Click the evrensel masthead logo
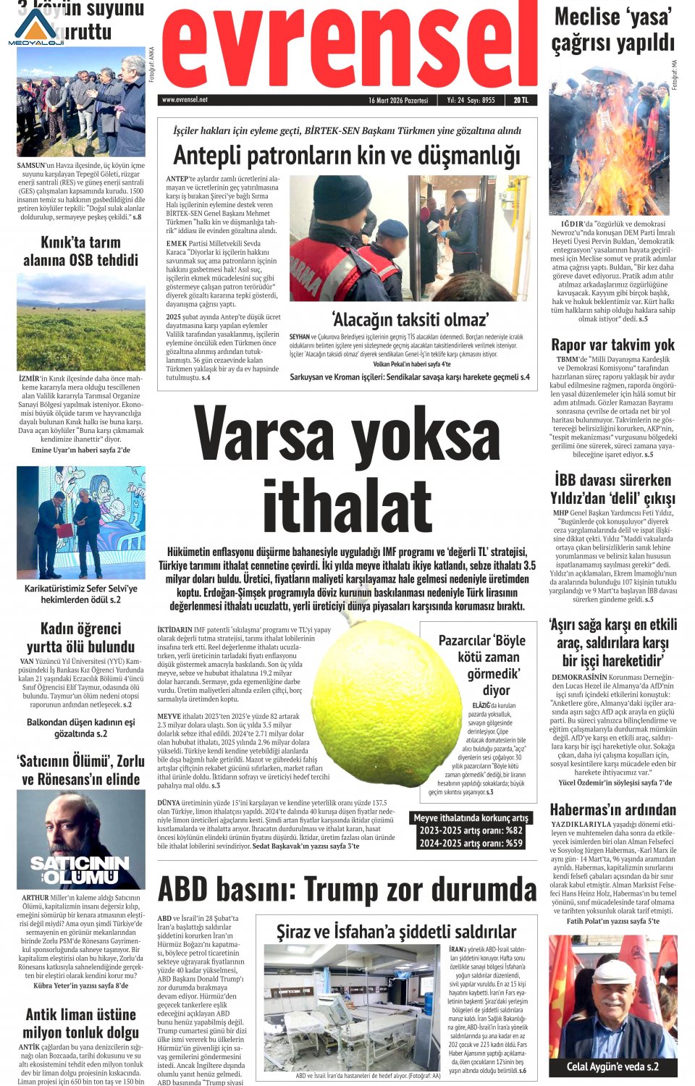click(347, 47)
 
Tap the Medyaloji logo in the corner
click(36, 28)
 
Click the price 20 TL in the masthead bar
click(521, 100)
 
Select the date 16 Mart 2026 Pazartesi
click(397, 100)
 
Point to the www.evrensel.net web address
click(185, 100)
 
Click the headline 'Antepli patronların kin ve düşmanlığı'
click(347, 156)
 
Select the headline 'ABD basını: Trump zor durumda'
click(347, 889)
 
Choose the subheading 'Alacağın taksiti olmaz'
click(410, 320)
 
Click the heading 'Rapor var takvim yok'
click(612, 345)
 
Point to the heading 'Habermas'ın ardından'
click(612, 809)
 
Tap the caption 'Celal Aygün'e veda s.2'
click(612, 1066)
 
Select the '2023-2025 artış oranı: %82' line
click(471, 830)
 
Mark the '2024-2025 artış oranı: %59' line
click(471, 843)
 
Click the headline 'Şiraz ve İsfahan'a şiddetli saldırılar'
click(396, 932)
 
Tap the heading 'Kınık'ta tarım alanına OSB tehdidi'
click(80, 251)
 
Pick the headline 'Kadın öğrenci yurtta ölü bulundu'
click(80, 637)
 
